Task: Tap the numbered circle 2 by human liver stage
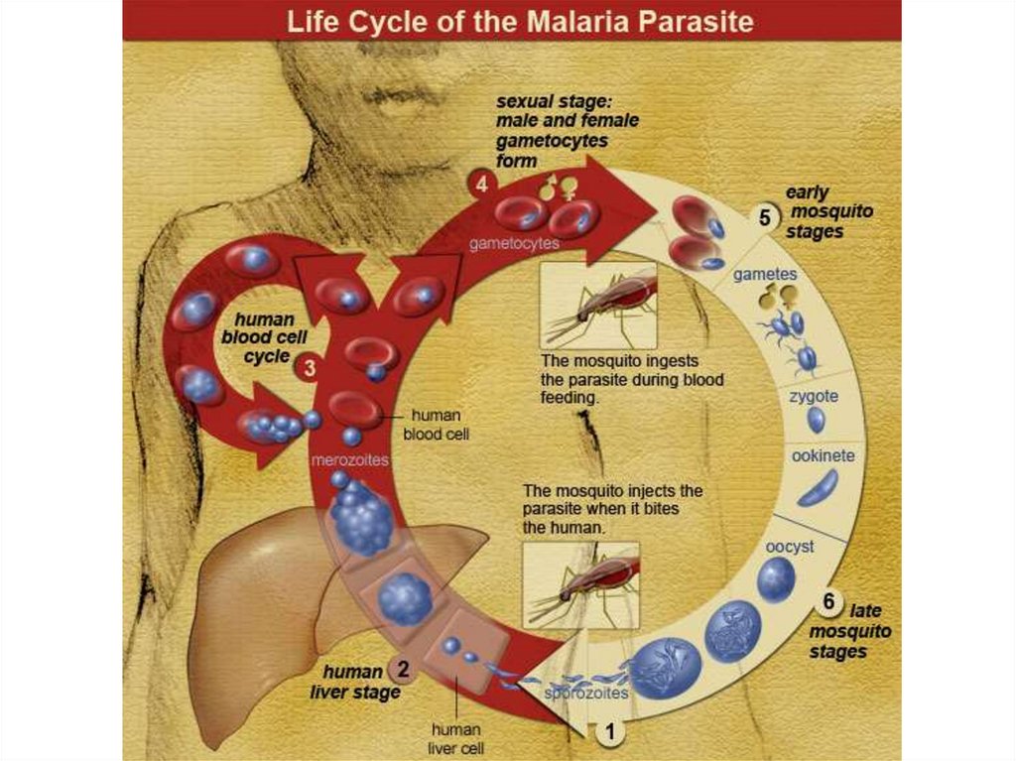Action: tap(403, 669)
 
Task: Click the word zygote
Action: tap(814, 396)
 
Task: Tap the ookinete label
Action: tap(824, 456)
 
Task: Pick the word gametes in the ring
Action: tap(765, 274)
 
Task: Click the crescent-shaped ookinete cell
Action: tap(819, 487)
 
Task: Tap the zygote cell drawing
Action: tap(816, 421)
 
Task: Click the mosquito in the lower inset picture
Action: tap(585, 584)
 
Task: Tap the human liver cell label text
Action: tap(456, 739)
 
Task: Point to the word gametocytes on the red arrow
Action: tap(514, 242)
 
